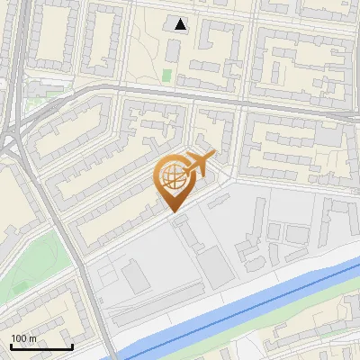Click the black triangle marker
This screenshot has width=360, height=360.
point(182,24)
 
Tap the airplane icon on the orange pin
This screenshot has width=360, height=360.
point(199,165)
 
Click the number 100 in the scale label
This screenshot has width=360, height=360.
point(19,338)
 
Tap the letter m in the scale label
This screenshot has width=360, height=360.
point(33,338)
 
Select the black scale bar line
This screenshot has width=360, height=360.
point(40,347)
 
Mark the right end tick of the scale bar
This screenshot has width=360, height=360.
point(72,346)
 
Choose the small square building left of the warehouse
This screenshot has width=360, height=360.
point(136,278)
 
